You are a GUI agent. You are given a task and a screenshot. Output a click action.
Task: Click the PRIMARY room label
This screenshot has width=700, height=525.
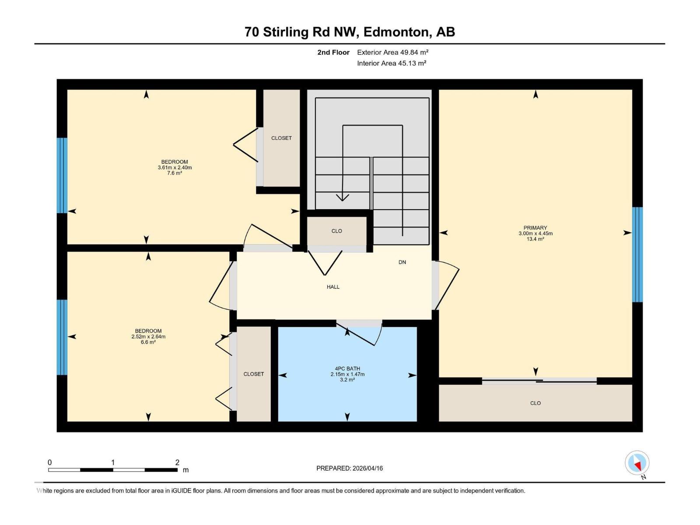click(535, 227)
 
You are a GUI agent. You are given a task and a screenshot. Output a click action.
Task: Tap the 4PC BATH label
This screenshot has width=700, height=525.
click(347, 368)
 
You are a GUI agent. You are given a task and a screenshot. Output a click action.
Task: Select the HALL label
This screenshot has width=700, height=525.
click(333, 287)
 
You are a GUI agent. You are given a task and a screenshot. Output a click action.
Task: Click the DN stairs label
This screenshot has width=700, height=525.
click(402, 262)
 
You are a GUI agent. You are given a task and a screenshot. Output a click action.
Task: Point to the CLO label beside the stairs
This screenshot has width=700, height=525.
click(336, 231)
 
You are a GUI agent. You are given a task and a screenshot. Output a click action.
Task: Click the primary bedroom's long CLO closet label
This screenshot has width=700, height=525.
click(535, 403)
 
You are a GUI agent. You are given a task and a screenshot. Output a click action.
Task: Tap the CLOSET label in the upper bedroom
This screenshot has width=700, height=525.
click(281, 138)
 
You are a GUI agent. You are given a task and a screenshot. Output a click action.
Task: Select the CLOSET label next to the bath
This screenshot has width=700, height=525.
click(254, 374)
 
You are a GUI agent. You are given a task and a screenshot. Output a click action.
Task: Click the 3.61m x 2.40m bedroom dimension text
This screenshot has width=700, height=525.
click(175, 168)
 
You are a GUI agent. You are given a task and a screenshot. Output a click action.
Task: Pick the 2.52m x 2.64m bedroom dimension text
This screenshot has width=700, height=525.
click(148, 336)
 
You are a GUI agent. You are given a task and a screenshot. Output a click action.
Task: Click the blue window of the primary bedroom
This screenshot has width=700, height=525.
click(637, 255)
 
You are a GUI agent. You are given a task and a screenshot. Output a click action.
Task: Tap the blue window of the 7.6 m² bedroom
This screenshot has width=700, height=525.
click(62, 175)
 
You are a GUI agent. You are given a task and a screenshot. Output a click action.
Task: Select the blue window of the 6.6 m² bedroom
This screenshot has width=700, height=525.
click(62, 337)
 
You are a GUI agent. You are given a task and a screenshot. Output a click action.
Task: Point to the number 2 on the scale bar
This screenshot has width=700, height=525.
click(177, 462)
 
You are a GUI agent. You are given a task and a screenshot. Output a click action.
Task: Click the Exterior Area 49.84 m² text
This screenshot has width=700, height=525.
click(392, 52)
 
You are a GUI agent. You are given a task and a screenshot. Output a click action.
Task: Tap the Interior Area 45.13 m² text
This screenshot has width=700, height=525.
click(392, 63)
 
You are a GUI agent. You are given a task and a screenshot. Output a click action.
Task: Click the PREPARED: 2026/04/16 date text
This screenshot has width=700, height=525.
click(350, 468)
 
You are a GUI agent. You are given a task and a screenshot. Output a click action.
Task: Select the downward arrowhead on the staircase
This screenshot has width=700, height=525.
click(342, 197)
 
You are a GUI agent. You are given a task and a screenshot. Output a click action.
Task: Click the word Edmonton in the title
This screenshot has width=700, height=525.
click(395, 32)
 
